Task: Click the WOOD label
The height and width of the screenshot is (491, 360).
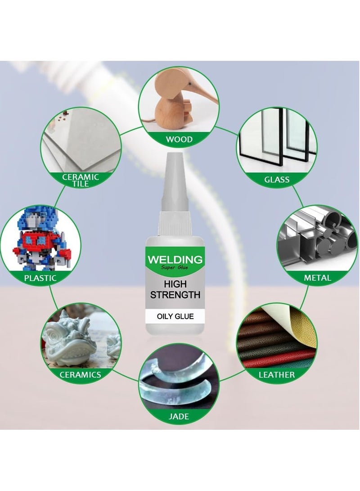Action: pos(179,139)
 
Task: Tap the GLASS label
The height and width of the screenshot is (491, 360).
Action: pos(277,180)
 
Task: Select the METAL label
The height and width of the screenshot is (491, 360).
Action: pos(317,278)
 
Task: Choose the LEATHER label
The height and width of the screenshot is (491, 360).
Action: pos(276,374)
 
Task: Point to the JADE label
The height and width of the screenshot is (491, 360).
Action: pos(179,417)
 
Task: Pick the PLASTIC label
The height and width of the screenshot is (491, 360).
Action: pos(40,278)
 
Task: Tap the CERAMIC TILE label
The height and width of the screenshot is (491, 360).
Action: pos(81,180)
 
